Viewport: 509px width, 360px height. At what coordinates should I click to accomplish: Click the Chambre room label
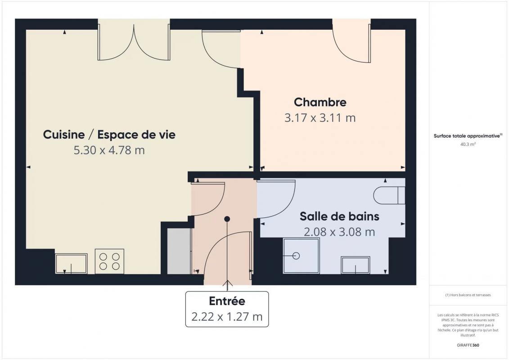pos(320,102)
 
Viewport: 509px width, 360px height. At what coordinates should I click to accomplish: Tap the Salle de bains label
pos(339,216)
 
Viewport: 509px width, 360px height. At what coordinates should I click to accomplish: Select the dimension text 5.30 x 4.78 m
pos(109,150)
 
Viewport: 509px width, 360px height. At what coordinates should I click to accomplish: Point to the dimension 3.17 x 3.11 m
pos(320,117)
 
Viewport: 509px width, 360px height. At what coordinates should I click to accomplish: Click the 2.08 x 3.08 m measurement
pos(339,232)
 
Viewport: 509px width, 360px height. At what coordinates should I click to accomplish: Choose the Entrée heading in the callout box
pos(227,301)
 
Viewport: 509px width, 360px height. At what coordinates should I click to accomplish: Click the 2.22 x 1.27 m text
pos(227,316)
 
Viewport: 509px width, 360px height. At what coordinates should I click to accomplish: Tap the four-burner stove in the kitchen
pos(109,261)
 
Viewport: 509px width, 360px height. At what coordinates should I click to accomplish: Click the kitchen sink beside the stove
pos(71,264)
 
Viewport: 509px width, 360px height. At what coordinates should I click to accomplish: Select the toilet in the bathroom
pos(389,195)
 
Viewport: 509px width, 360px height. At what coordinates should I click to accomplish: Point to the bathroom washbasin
pos(356,265)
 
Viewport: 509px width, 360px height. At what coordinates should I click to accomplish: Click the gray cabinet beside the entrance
pos(179,251)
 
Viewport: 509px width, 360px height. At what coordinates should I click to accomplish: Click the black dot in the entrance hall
pos(227,219)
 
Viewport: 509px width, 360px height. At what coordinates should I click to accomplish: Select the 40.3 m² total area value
pos(468,144)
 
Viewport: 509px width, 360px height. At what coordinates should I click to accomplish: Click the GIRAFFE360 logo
pos(468,345)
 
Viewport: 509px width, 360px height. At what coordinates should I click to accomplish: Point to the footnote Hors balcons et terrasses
pos(468,295)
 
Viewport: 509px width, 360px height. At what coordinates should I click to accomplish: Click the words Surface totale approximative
pos(467,136)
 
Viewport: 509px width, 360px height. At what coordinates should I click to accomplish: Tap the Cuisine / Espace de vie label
pos(109,135)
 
